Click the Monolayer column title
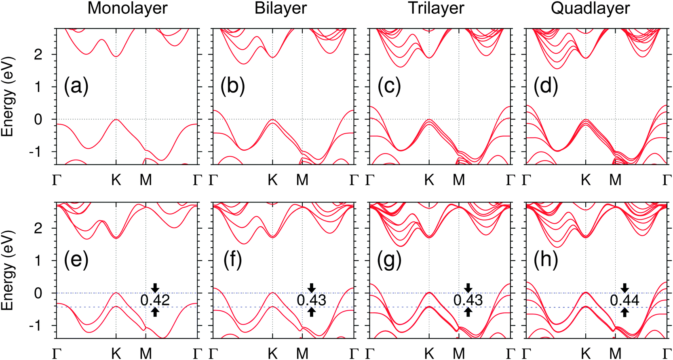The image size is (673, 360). tap(127, 8)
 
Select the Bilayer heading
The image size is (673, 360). tap(281, 8)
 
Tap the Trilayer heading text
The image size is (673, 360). tap(436, 8)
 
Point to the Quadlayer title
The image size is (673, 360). tap(590, 8)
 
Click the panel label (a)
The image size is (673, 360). tap(76, 86)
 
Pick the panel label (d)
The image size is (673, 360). tap(546, 86)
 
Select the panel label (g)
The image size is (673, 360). tap(389, 260)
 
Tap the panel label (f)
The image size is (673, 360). tap(233, 260)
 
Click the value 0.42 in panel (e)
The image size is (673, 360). tap(155, 300)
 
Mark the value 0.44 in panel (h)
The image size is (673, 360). tap(624, 300)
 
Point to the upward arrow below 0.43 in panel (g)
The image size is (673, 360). tap(468, 312)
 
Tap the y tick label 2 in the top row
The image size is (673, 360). tap(38, 55)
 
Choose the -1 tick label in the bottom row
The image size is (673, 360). tap(36, 326)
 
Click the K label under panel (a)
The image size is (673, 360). tap(116, 180)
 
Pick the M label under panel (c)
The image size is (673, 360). tap(459, 180)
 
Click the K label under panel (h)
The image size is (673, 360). tap(586, 354)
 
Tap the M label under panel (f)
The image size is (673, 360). tap(302, 354)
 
